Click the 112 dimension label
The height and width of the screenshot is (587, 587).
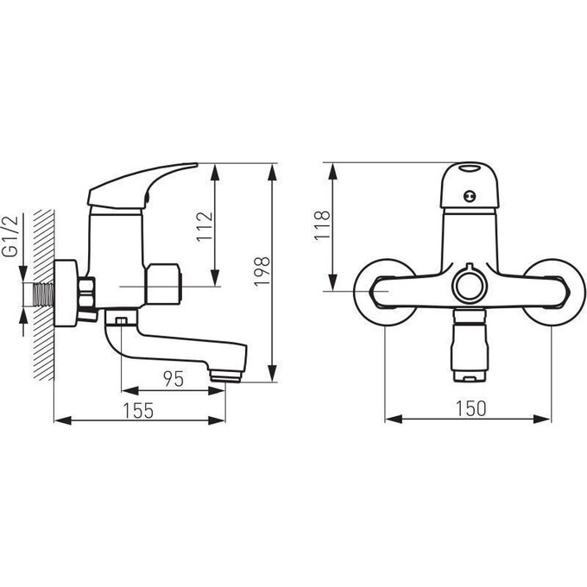coord(205,227)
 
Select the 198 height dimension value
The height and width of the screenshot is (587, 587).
coord(262,272)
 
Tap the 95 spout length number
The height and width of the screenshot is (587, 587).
coord(174,379)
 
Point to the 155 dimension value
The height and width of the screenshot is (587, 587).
coord(138,410)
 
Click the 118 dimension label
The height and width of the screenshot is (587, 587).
coord(322,225)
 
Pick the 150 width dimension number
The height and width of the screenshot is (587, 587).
coord(471,408)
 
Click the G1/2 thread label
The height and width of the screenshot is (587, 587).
coord(11,237)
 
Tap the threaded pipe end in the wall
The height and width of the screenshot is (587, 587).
coord(44,294)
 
